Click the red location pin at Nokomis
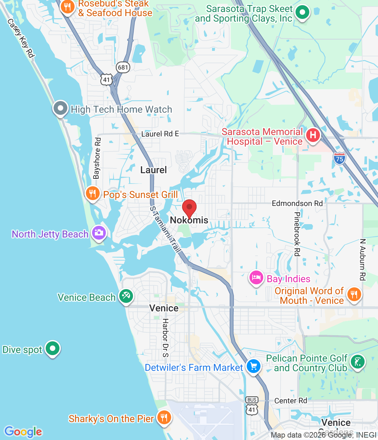coord(189,208)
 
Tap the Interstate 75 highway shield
coord(339,158)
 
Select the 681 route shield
coord(123,67)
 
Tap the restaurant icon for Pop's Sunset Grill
coord(92,194)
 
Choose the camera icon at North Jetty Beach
coord(99,233)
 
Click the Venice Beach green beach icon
coord(126,296)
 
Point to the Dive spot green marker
coord(53,349)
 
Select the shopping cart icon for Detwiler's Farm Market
coord(254,366)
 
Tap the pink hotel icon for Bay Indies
coord(256,278)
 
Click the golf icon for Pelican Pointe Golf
coord(358,362)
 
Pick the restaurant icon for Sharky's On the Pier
coord(164,418)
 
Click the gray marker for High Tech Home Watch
coord(60,108)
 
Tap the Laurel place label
coord(154,170)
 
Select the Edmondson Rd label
coord(297,203)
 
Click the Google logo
coord(23,432)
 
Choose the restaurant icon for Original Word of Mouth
coord(354,295)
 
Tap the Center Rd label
coord(291,401)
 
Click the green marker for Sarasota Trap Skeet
coord(302,13)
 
